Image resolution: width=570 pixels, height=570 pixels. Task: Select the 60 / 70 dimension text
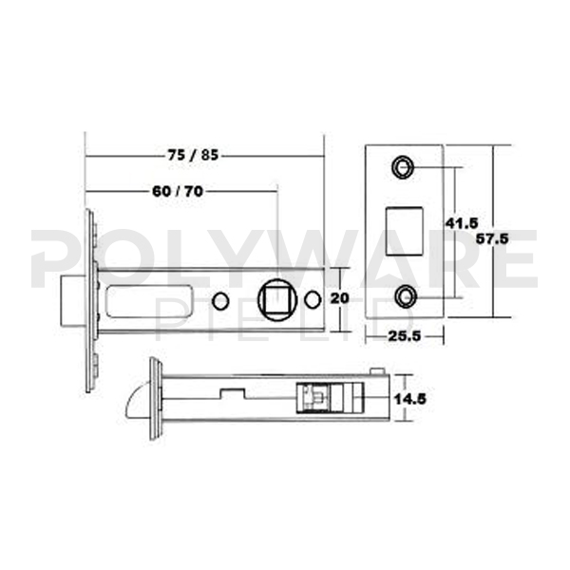click(178, 191)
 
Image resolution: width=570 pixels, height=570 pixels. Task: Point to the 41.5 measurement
click(461, 223)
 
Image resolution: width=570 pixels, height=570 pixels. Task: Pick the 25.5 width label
click(405, 336)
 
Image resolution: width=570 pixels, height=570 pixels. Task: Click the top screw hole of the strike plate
click(405, 168)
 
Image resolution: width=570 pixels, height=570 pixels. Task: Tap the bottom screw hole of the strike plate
click(405, 294)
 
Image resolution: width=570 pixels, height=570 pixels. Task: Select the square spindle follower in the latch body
click(276, 297)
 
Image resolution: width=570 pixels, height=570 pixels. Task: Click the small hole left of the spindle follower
click(220, 300)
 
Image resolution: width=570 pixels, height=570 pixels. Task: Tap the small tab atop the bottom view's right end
click(376, 370)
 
